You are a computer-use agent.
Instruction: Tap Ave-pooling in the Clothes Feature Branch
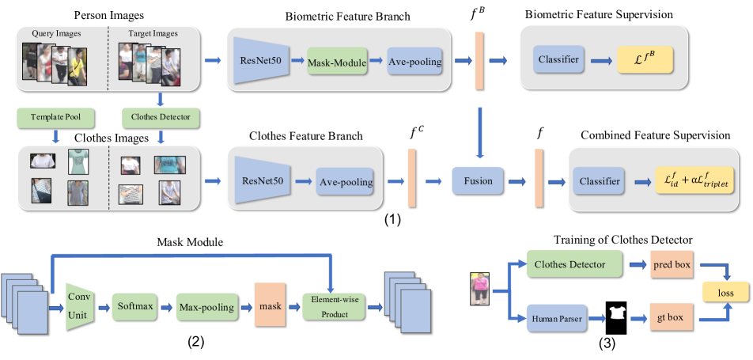click(346, 181)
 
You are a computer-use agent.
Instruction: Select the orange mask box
click(267, 304)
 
